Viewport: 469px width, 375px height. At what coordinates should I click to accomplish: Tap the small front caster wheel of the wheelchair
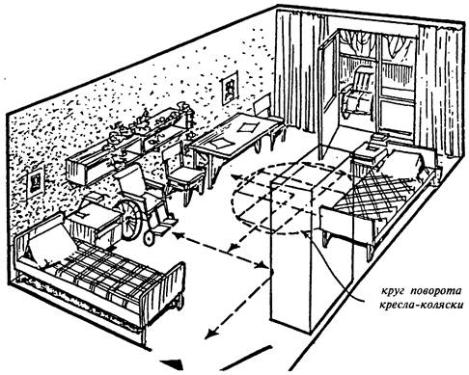point(149,239)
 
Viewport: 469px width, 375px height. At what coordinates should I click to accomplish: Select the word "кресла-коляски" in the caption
point(422,305)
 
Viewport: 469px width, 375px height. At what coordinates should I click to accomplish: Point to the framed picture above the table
point(230,88)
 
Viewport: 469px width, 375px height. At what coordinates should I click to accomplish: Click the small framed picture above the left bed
point(35,183)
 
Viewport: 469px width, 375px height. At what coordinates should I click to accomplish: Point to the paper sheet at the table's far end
point(247,127)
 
